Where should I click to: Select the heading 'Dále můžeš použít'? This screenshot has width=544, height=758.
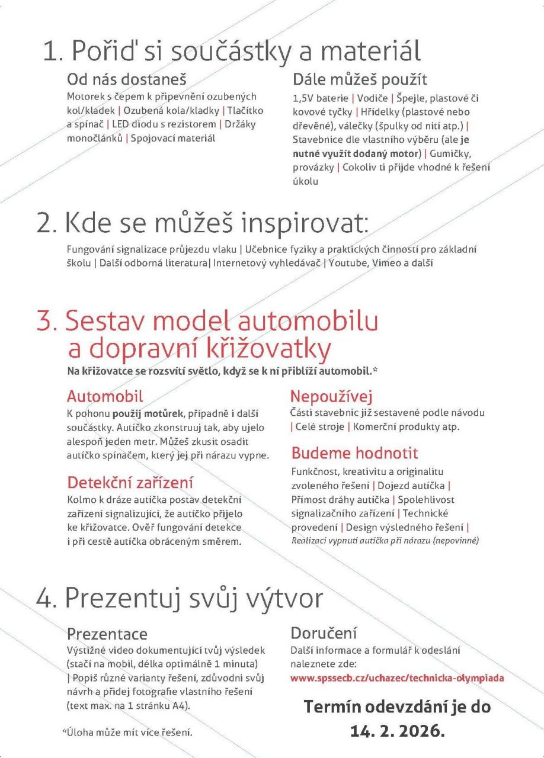pos(360,79)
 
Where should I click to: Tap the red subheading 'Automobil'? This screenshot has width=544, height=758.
pos(105,396)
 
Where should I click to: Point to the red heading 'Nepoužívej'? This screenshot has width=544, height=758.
pos(331,396)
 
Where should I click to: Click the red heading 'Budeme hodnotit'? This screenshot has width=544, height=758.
pos(354,454)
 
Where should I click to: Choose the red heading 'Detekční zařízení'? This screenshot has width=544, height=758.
pos(130,482)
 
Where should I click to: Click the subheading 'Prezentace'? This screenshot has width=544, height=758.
pos(107,634)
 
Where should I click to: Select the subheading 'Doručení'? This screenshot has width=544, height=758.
pos(324,632)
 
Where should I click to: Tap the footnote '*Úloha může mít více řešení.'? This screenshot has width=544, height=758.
pos(127,733)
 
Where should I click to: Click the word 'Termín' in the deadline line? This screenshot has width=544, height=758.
pos(332,706)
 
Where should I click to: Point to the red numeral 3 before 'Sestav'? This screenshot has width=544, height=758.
pos(45,322)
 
